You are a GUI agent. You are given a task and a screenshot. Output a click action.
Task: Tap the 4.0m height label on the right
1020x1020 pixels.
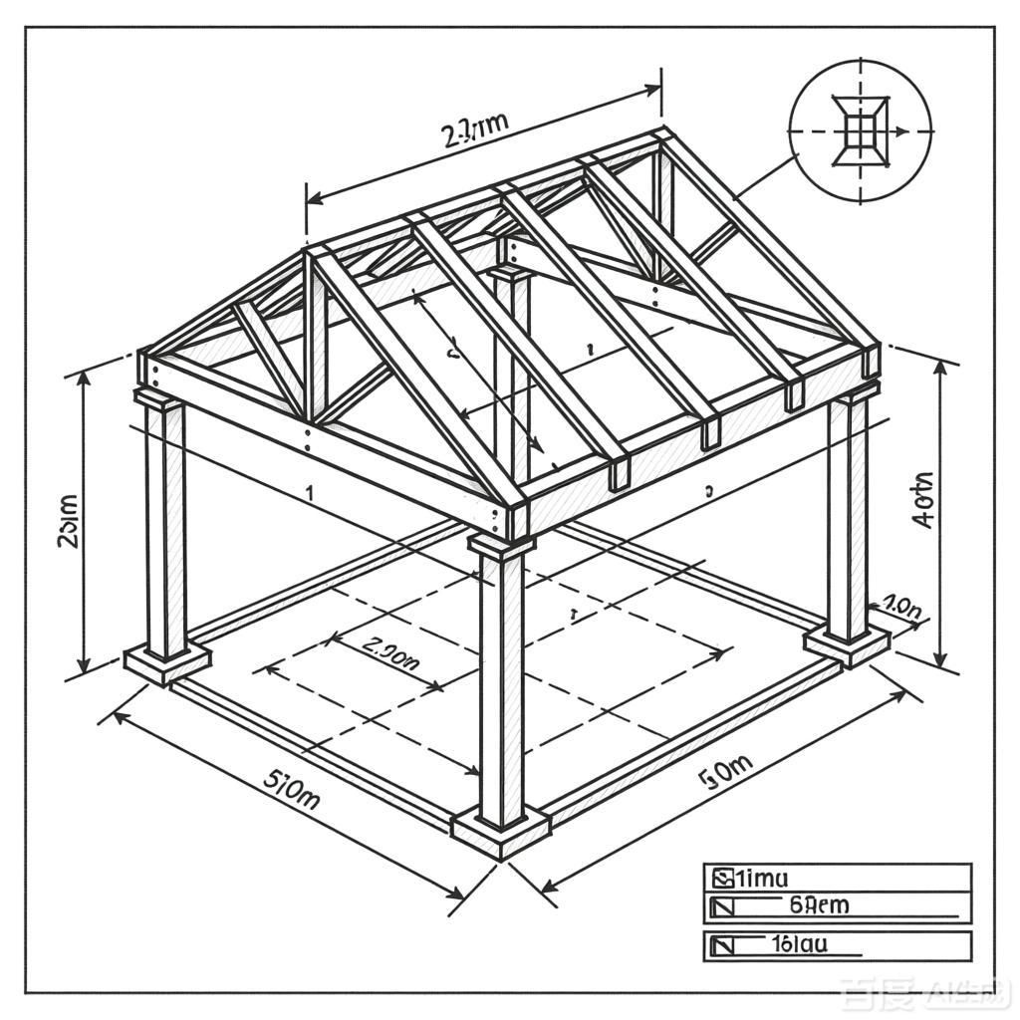923,499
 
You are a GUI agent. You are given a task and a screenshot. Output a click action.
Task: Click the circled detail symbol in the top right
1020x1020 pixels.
860,130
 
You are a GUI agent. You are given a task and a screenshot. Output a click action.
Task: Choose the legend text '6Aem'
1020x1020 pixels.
819,905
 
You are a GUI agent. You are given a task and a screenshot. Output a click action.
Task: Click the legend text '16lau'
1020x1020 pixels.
800,943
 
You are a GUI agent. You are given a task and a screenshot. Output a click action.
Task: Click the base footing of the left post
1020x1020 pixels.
167,661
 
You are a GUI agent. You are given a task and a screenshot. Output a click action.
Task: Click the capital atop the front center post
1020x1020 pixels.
501,543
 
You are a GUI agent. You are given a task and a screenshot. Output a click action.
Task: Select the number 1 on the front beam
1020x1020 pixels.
310,492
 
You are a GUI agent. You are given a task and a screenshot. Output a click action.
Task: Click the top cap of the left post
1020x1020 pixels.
160,399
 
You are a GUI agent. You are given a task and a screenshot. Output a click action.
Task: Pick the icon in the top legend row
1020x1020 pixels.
721,879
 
